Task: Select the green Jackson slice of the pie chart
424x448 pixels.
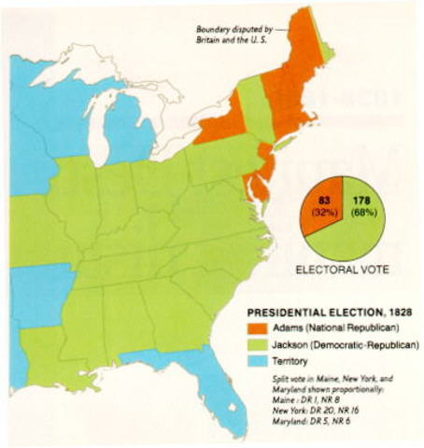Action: pos(360,229)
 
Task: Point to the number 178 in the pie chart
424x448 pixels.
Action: pos(363,198)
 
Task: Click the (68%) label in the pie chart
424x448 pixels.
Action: pos(364,212)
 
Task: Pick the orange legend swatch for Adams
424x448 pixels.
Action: pos(256,329)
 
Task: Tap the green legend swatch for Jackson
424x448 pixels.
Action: pos(256,344)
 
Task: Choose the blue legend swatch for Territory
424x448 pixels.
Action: pos(256,360)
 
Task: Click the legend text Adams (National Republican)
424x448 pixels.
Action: pos(332,329)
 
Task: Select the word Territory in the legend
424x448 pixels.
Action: pos(293,360)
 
